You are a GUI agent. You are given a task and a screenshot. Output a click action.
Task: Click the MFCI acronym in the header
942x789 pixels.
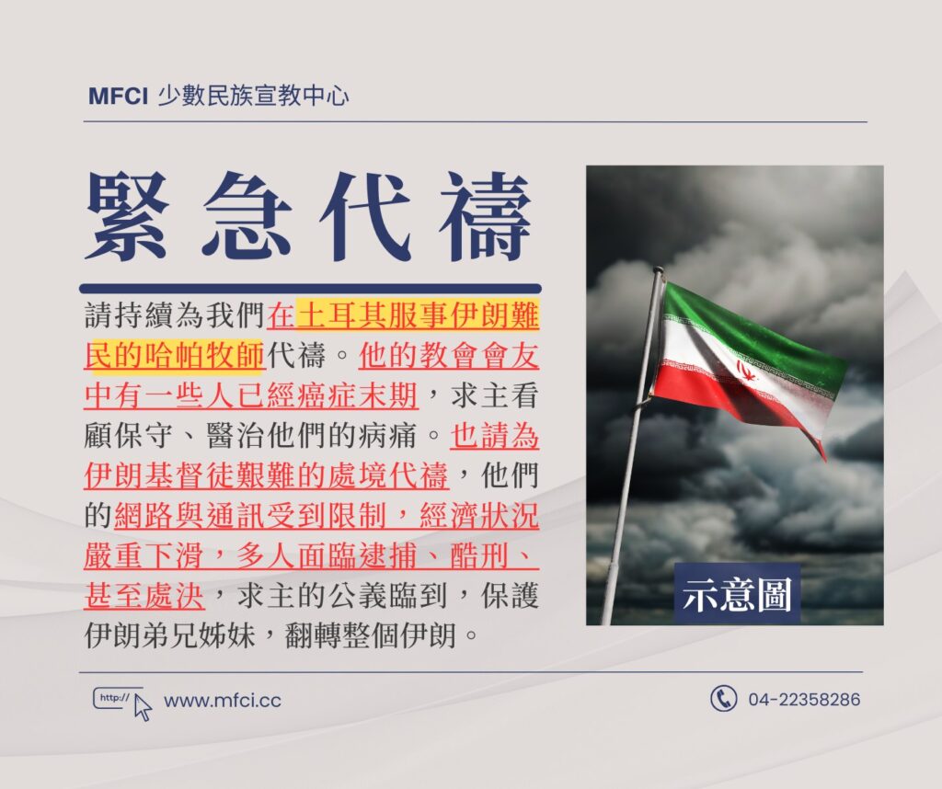tap(118, 96)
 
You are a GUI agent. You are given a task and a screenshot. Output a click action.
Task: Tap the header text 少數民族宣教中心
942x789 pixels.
tap(253, 96)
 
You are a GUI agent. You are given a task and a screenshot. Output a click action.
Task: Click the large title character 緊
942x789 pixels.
tap(127, 217)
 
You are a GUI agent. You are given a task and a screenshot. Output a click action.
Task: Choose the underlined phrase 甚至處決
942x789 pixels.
tap(144, 596)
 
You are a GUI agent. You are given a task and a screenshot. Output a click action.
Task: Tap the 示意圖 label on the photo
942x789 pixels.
tap(737, 595)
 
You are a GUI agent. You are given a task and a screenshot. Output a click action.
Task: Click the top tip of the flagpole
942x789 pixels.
tap(659, 271)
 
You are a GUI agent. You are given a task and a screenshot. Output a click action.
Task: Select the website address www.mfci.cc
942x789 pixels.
tap(223, 701)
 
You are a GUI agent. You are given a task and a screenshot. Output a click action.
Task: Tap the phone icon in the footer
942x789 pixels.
tap(723, 699)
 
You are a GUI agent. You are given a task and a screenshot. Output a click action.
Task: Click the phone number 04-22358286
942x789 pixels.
tap(804, 700)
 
